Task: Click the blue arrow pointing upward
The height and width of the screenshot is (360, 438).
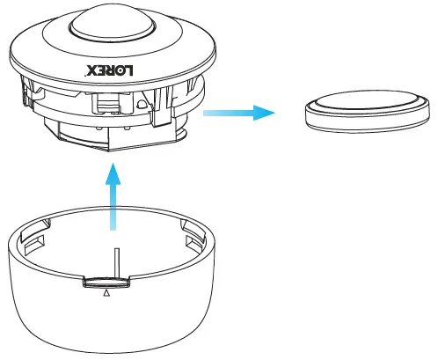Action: [x=113, y=199]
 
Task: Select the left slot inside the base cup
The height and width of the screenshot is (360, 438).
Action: [x=36, y=239]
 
